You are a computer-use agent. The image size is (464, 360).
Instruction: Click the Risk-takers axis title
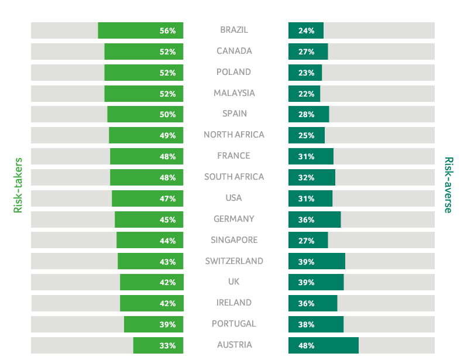coord(18,184)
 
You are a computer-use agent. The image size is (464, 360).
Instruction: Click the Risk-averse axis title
coord(448,184)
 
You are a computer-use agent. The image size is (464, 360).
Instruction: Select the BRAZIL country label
coord(234,30)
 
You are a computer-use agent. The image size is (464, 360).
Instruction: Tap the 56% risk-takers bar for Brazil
coord(140,30)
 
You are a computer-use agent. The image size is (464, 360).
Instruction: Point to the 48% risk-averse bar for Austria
coord(323,345)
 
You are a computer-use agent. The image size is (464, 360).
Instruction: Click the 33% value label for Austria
coord(167,345)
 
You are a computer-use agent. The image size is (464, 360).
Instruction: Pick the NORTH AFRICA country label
coord(234,135)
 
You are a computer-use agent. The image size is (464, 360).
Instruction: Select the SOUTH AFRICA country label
coord(234,177)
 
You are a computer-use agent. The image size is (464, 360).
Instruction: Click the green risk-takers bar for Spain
coord(145,114)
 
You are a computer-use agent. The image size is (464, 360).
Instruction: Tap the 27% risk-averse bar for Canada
coord(308,52)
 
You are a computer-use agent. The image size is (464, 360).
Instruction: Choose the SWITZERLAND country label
coord(234,261)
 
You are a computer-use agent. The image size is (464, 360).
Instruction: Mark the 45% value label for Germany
coord(167,220)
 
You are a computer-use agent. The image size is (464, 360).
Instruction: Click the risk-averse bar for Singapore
coord(308,240)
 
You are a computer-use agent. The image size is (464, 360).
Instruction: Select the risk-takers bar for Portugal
coord(153,324)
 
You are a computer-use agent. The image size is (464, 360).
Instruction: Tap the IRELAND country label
coord(234,303)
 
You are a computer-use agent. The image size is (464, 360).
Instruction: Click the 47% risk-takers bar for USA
coord(147,198)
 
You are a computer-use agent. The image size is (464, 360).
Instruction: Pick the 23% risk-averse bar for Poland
coord(305,73)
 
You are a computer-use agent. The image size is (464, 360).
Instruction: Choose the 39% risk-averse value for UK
coord(306,282)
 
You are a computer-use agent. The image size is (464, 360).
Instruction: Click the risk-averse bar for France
coord(311,156)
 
